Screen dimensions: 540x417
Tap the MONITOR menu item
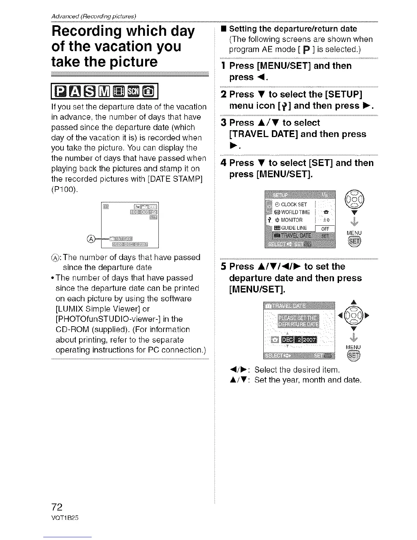point(289,220)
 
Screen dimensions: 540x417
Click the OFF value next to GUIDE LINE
point(325,229)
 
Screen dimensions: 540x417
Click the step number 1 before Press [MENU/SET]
point(223,66)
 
